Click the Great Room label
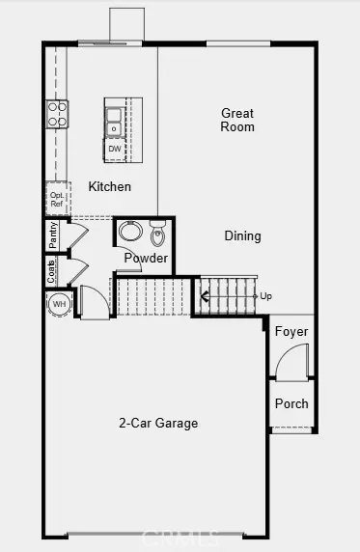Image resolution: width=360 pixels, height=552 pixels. click(237, 120)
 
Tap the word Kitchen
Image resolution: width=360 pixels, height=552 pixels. click(110, 186)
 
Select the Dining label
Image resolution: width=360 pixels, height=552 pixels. click(242, 235)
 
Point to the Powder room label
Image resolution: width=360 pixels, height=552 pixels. click(146, 259)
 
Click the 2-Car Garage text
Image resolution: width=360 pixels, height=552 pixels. click(158, 423)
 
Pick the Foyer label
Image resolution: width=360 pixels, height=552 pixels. click(291, 332)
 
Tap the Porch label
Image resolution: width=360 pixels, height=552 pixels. click(291, 403)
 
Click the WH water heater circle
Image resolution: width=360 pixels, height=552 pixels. click(59, 305)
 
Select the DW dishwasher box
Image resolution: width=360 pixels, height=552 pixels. click(115, 149)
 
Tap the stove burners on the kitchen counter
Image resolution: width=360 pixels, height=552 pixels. click(57, 115)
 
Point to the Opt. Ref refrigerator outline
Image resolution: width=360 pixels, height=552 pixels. click(58, 198)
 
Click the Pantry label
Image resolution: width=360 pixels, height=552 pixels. click(53, 235)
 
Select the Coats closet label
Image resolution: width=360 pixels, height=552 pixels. click(51, 271)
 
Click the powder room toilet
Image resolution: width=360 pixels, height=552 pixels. click(158, 235)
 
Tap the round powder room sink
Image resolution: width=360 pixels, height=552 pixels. click(130, 234)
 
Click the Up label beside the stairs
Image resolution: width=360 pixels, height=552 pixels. click(266, 295)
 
